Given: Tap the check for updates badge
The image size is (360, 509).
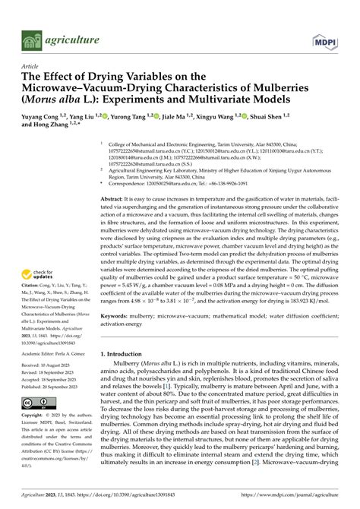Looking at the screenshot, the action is (39, 277).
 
